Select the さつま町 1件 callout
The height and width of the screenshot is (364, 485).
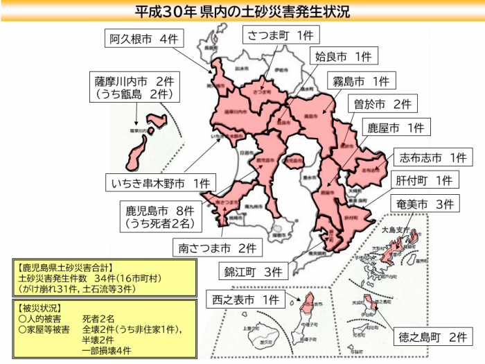click(280, 35)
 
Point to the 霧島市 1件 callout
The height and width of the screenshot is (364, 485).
click(360, 81)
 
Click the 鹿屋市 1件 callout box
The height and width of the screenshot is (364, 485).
click(395, 128)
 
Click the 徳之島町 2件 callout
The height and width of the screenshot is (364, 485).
click(434, 338)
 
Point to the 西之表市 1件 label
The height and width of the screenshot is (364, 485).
click(246, 301)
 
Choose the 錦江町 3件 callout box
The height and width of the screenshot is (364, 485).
click(252, 272)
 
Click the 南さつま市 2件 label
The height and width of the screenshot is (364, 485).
click(217, 247)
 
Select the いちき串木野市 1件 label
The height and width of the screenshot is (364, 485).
click(160, 184)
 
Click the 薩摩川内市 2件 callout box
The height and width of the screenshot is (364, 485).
click(134, 87)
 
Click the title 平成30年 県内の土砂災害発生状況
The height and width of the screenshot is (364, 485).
click(242, 11)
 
